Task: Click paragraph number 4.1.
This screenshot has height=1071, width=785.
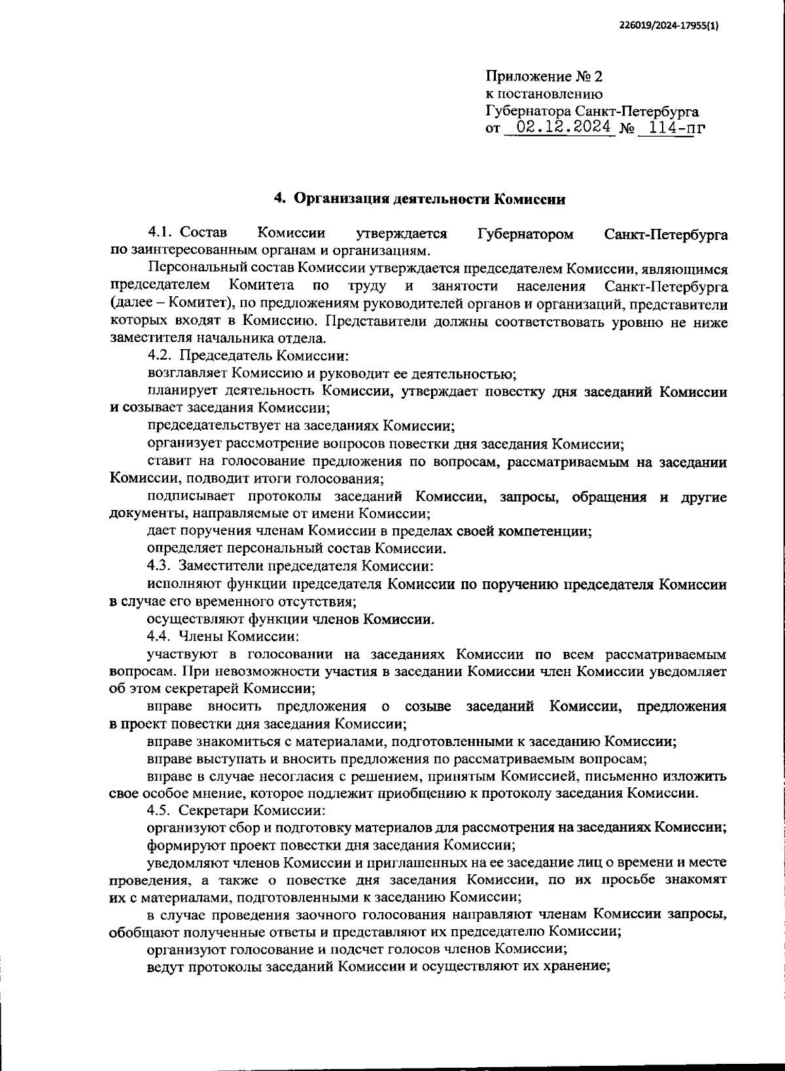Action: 161,233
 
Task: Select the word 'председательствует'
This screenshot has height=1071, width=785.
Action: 207,426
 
